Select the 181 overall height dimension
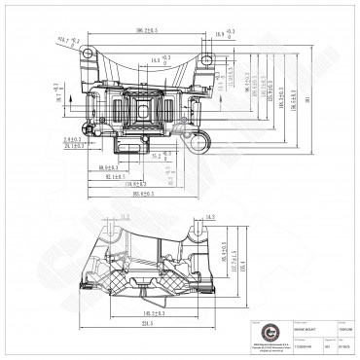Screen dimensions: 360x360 coord(306,98)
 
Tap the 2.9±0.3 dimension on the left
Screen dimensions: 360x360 coord(72,140)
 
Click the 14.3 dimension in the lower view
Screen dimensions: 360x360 coord(211,217)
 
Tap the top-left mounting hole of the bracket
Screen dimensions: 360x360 coord(89,54)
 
